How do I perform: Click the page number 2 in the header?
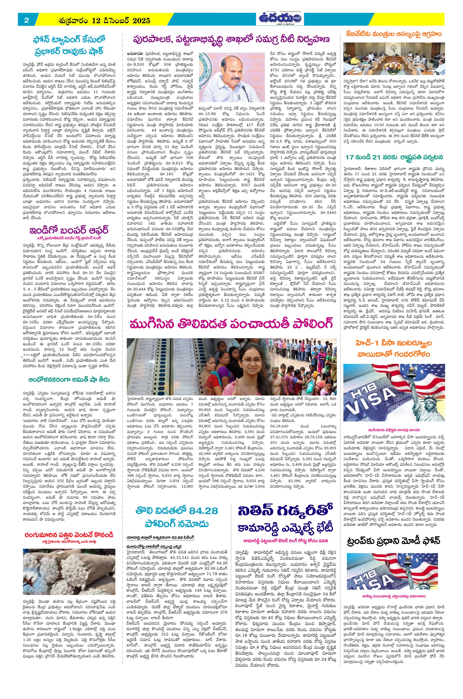(27, 20)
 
